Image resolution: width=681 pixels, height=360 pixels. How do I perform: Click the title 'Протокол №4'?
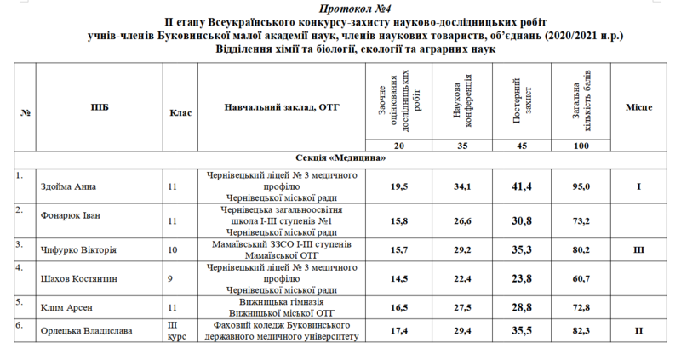click(x=341, y=7)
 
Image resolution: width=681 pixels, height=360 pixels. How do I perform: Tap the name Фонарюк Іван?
click(x=71, y=215)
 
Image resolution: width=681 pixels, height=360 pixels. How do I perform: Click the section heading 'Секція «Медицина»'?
click(x=340, y=157)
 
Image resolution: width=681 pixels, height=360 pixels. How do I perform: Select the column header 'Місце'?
click(x=639, y=110)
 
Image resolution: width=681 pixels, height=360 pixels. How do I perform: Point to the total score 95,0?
click(x=581, y=186)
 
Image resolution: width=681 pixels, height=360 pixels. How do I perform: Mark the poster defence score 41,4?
click(x=522, y=186)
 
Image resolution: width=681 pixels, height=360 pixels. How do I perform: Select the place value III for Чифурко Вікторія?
click(x=639, y=250)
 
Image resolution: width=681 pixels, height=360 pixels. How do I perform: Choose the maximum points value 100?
click(x=581, y=147)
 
